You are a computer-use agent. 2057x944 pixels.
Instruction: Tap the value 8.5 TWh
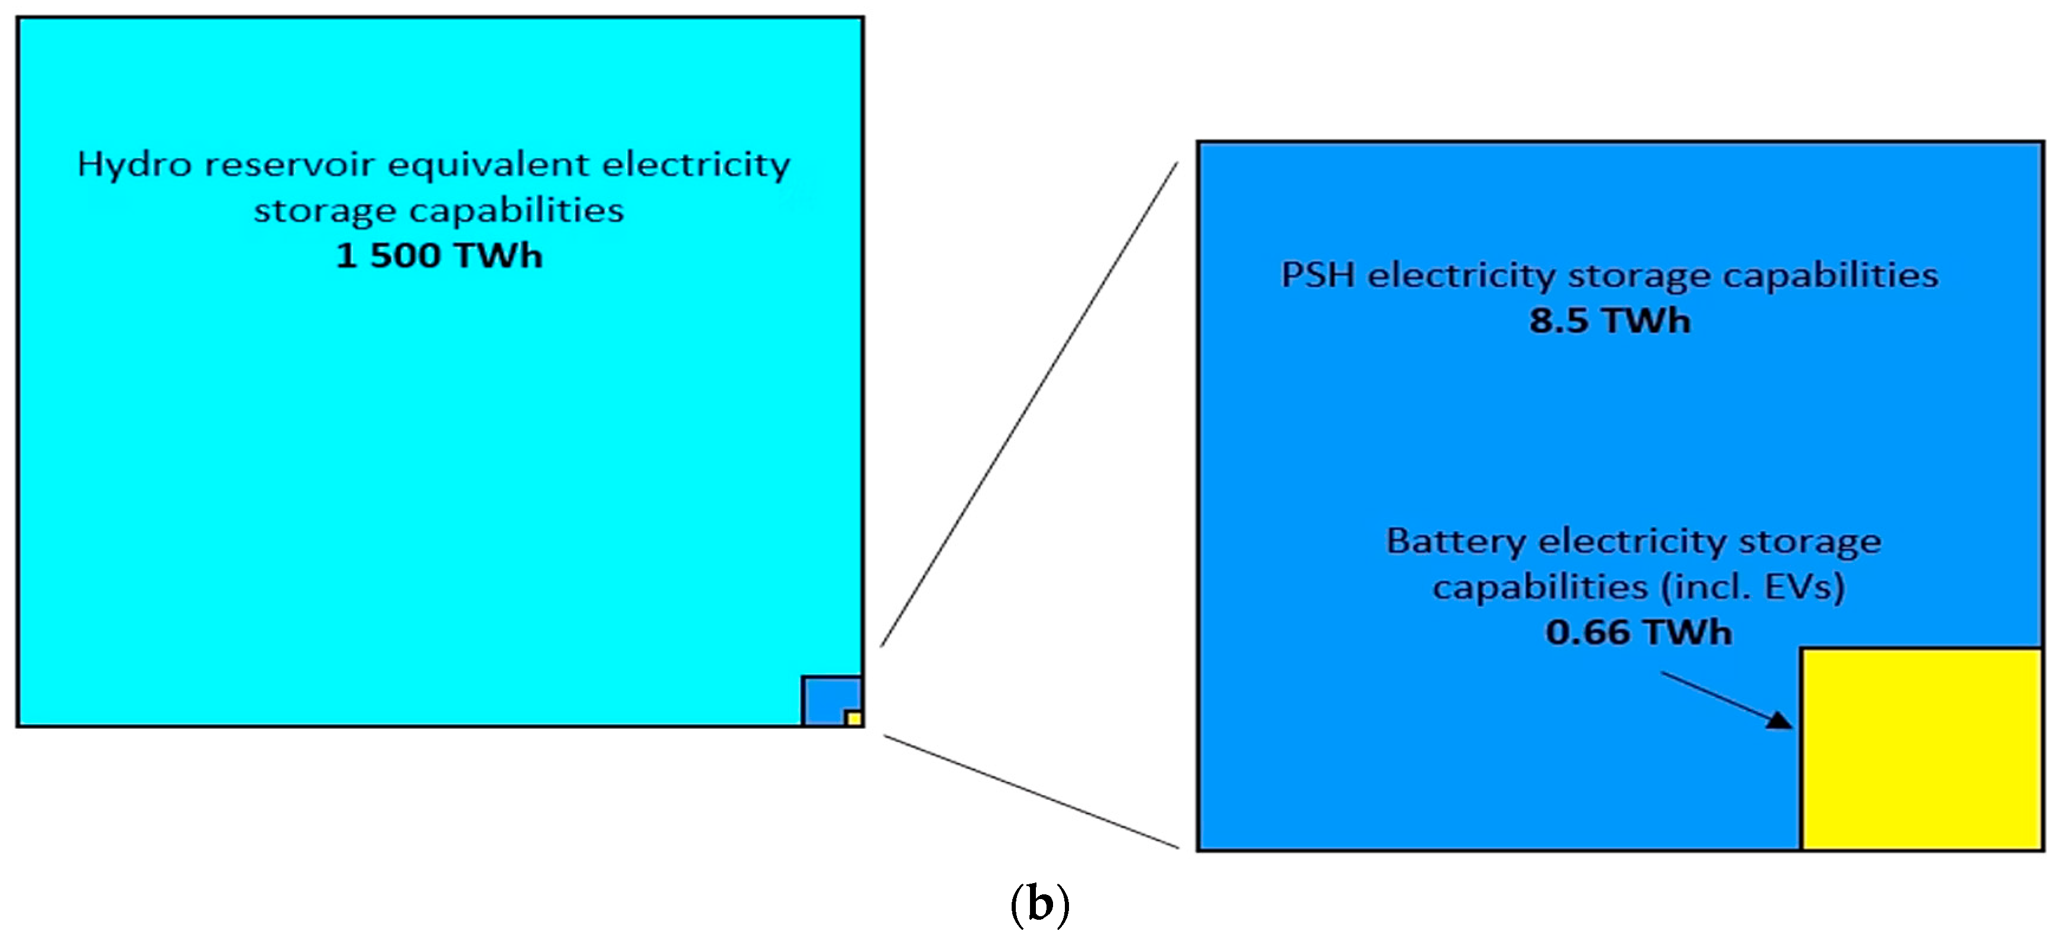(1609, 321)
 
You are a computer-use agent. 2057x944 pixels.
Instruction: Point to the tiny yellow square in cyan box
(854, 718)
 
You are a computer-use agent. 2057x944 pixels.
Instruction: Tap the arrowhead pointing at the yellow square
(1779, 721)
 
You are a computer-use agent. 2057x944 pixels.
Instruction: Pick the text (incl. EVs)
(1753, 588)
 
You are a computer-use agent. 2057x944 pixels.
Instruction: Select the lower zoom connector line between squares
(1030, 791)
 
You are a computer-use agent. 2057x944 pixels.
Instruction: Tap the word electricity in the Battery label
(1633, 542)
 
